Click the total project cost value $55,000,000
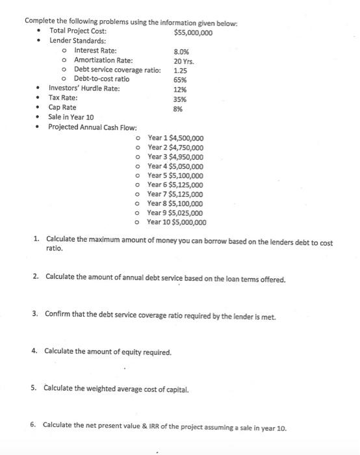point(194,31)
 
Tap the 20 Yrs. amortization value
point(184,60)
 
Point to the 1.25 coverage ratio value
point(181,70)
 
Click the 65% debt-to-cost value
point(181,80)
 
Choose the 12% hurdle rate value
point(180,90)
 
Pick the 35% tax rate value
point(180,99)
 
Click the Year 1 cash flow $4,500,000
point(175,138)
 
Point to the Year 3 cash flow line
point(175,157)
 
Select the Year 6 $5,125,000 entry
point(175,185)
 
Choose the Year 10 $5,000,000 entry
point(177,222)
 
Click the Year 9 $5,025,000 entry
point(175,213)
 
